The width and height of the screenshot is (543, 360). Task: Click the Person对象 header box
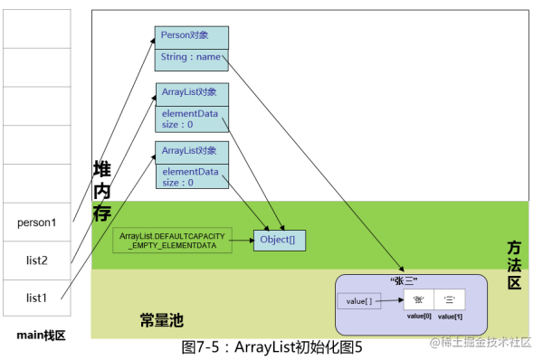pyautogui.click(x=191, y=36)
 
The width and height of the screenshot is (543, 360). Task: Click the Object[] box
pyautogui.click(x=280, y=240)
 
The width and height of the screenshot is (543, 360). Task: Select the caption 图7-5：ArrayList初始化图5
pyautogui.click(x=271, y=346)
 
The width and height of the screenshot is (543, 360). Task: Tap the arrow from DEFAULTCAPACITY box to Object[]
pyautogui.click(x=242, y=241)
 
